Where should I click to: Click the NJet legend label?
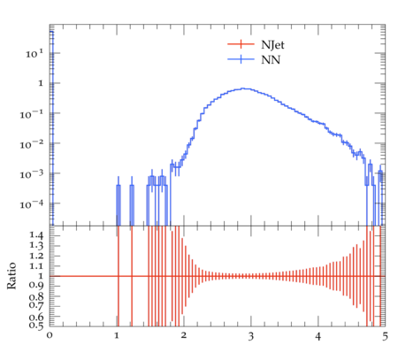272,45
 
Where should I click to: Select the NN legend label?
271,60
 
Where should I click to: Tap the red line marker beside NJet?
241,44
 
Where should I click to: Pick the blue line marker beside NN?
241,59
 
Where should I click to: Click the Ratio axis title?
11,276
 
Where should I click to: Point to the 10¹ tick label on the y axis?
34,54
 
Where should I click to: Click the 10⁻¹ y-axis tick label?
32,114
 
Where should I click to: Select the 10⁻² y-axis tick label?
32,144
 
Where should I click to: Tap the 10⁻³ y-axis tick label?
32,174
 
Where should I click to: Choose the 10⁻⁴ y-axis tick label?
32,204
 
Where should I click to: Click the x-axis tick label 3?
251,336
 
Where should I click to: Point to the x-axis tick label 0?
50,335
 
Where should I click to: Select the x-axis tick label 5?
385,336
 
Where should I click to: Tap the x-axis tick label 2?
184,335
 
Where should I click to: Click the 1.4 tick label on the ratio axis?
36,235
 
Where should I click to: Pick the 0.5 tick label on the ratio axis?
36,326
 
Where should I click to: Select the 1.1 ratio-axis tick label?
36,266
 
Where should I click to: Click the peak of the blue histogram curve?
243,88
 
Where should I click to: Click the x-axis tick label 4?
318,336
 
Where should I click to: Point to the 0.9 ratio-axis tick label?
36,286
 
